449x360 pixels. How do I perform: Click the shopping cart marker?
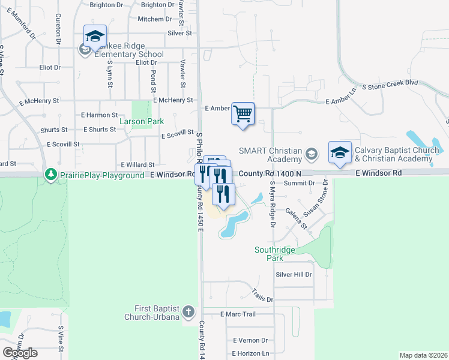pyautogui.click(x=243, y=113)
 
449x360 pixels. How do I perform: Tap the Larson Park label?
pyautogui.click(x=141, y=121)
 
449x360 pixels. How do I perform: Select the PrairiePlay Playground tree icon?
pyautogui.click(x=52, y=175)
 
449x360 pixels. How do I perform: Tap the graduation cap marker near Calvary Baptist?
pyautogui.click(x=340, y=152)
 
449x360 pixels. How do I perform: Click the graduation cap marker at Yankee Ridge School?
pyautogui.click(x=95, y=37)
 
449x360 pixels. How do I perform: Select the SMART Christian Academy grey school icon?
pyautogui.click(x=311, y=155)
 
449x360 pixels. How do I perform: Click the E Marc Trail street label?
pyautogui.click(x=238, y=314)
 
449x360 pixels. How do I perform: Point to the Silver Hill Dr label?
pyautogui.click(x=294, y=274)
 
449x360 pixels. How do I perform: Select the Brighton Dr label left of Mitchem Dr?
pyautogui.click(x=106, y=5)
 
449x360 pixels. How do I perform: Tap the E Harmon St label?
pyautogui.click(x=100, y=115)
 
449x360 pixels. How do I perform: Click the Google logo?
pyautogui.click(x=20, y=353)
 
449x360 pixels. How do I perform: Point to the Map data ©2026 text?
pyautogui.click(x=423, y=355)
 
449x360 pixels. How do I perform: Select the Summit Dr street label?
pyautogui.click(x=300, y=182)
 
